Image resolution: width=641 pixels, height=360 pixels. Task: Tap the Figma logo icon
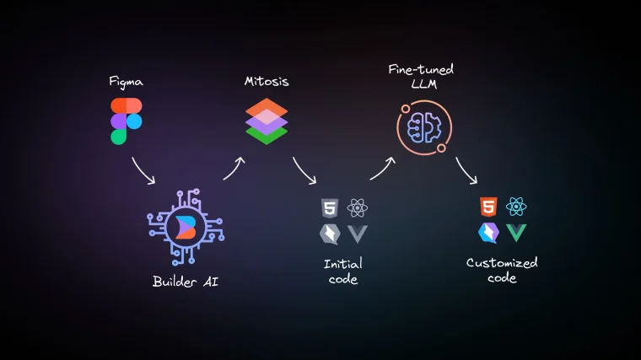pyautogui.click(x=126, y=121)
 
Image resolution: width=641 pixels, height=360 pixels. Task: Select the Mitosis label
pyautogui.click(x=266, y=82)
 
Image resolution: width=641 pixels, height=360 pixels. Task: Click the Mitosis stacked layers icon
pyautogui.click(x=267, y=121)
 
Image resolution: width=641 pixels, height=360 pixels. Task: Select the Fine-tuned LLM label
pyautogui.click(x=417, y=75)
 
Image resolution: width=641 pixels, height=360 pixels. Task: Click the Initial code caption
pyautogui.click(x=342, y=271)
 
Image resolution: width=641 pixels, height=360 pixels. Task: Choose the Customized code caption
pyautogui.click(x=502, y=270)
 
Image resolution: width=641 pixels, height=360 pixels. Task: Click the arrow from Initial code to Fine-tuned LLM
pyautogui.click(x=382, y=168)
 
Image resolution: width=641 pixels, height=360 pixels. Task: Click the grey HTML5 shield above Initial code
pyautogui.click(x=329, y=208)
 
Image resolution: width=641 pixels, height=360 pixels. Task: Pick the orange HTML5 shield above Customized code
pyautogui.click(x=487, y=207)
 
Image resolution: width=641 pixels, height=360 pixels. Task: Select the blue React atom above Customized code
pyautogui.click(x=516, y=207)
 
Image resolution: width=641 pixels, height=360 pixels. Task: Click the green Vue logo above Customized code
pyautogui.click(x=516, y=234)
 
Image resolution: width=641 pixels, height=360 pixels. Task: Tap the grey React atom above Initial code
pyautogui.click(x=358, y=208)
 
